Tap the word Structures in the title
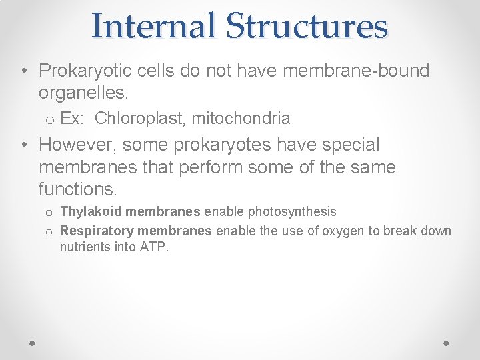coord(306,26)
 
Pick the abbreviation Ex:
coord(71,119)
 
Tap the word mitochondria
coord(241,119)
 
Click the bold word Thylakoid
coord(90,212)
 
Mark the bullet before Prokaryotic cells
coord(23,71)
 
